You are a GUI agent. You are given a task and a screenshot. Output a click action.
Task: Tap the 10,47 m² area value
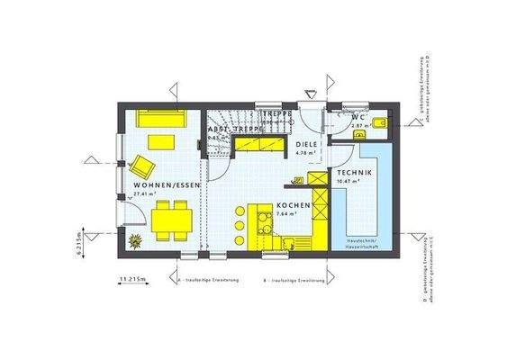click(x=348, y=180)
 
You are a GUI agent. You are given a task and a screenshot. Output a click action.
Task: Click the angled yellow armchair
click(x=143, y=166)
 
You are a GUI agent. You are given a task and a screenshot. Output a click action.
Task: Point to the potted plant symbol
click(x=135, y=239)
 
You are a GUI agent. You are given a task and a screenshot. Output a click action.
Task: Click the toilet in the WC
click(x=379, y=122)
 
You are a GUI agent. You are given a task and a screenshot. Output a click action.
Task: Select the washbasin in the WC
click(x=360, y=134)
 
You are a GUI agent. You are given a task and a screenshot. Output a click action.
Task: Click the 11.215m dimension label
click(x=132, y=282)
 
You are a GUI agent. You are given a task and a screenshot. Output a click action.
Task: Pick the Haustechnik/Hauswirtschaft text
click(x=362, y=243)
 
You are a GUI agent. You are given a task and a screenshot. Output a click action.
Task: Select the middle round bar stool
click(x=240, y=224)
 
